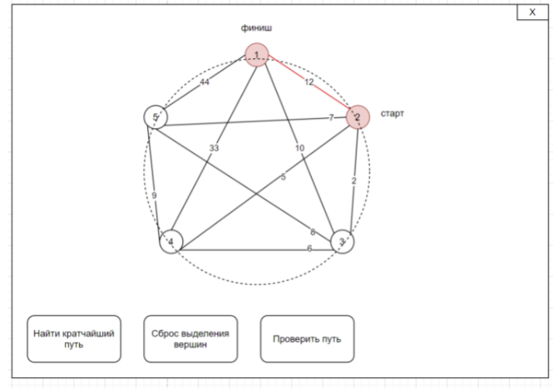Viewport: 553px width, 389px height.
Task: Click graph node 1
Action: point(257,55)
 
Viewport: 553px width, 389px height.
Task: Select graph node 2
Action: point(358,117)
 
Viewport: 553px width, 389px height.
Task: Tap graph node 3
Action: point(342,242)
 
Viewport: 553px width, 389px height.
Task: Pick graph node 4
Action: point(170,242)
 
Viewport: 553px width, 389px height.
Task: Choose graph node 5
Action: point(155,117)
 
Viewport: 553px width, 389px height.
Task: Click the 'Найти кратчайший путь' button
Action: point(74,338)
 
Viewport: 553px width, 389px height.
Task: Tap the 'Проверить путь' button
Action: point(307,338)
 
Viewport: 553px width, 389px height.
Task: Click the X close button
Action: point(531,12)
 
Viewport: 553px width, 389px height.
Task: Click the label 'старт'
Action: point(393,113)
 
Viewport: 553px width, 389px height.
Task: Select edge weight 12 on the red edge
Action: point(309,81)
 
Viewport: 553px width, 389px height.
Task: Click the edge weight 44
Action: point(205,81)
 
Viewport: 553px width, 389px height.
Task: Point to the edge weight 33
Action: point(214,147)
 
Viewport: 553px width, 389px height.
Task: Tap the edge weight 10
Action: point(299,147)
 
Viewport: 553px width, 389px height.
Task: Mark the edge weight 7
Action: point(331,118)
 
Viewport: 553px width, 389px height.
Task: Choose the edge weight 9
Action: point(154,195)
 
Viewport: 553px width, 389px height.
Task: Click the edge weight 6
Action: point(309,249)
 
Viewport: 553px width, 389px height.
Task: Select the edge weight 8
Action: point(313,231)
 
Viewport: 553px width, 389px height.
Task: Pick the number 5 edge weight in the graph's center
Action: point(283,177)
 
